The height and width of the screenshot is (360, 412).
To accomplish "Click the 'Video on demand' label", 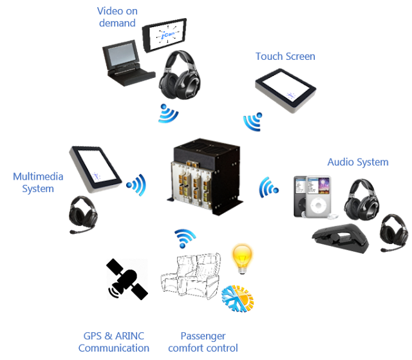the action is coord(117,17).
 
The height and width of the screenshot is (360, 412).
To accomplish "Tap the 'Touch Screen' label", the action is coord(285,57).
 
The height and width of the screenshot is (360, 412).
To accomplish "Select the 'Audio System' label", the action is coord(358,162).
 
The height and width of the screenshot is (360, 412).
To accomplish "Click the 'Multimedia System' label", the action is coord(38,182).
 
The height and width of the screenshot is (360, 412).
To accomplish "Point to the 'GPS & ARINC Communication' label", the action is coord(114,342).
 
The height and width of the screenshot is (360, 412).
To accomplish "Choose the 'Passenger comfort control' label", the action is coord(203,342).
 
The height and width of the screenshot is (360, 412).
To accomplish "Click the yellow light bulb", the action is coord(242,260).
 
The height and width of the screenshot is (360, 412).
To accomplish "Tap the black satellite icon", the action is coord(127,279).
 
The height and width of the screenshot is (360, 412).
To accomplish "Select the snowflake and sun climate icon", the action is coord(238,299).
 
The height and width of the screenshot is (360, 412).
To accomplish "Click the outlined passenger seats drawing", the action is coord(191,276).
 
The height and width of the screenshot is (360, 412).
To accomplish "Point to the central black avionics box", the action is coord(205,176).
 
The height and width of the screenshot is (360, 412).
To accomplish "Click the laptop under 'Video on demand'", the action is coord(127,63).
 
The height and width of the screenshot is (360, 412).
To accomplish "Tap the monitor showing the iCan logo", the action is coord(165,35).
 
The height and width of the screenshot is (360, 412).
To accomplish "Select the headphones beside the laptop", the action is coord(180,75).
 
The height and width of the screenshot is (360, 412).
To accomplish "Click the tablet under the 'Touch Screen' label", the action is coord(286,91).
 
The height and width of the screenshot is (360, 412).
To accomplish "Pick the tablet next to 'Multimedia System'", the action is coord(95,169).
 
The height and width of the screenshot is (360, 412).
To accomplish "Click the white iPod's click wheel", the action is coord(318,205).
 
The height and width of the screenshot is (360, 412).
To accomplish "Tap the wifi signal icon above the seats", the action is coord(185,238).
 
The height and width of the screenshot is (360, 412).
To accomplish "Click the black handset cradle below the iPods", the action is coord(341,238).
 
